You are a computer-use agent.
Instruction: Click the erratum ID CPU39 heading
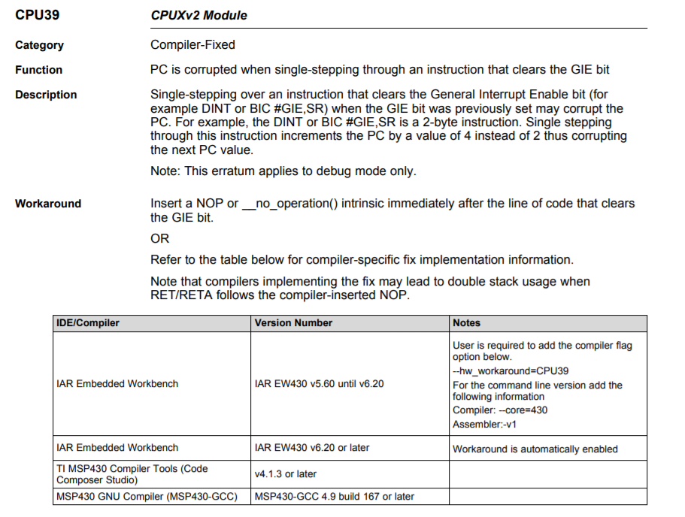pyautogui.click(x=36, y=15)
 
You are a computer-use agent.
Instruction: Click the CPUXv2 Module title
pyautogui.click(x=199, y=15)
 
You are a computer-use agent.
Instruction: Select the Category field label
pyautogui.click(x=39, y=45)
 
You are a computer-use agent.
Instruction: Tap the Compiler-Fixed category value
pyautogui.click(x=192, y=45)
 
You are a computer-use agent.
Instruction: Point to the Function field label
pyautogui.click(x=38, y=70)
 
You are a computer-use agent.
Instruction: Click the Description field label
pyautogui.click(x=46, y=95)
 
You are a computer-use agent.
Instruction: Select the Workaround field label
pyautogui.click(x=48, y=204)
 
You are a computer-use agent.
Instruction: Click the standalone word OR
pyautogui.click(x=160, y=239)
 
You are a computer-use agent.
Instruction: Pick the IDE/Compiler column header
pyautogui.click(x=88, y=323)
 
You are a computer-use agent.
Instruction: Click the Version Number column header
pyautogui.click(x=293, y=323)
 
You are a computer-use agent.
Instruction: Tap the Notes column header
pyautogui.click(x=466, y=323)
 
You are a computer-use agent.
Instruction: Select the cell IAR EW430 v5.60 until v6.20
pyautogui.click(x=320, y=384)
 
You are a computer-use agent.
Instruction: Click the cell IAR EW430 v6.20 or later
pyautogui.click(x=312, y=448)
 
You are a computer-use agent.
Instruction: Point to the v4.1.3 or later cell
pyautogui.click(x=286, y=474)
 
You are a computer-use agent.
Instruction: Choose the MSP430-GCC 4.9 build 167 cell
pyautogui.click(x=335, y=497)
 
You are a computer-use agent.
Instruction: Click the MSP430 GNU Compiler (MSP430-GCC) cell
pyautogui.click(x=147, y=497)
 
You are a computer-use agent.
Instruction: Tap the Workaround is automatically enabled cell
pyautogui.click(x=535, y=449)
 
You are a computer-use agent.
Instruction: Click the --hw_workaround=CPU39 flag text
pyautogui.click(x=510, y=371)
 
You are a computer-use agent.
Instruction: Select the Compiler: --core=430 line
pyautogui.click(x=499, y=410)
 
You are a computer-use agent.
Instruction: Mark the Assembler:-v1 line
pyautogui.click(x=484, y=424)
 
